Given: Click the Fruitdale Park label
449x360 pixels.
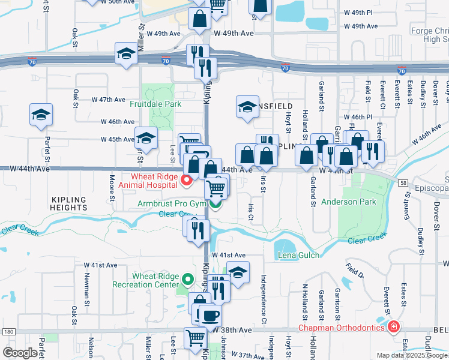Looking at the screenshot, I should (x=155, y=103).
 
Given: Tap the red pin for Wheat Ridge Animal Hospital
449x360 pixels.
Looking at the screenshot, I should (x=187, y=179).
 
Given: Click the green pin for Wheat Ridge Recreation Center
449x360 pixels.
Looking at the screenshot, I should (x=188, y=279).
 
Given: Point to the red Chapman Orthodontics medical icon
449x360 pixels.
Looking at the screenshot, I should (x=393, y=328).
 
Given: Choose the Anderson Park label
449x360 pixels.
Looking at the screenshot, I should (x=349, y=202).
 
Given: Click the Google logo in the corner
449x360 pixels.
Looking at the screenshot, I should (x=20, y=353).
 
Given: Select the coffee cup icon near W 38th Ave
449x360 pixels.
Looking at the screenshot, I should (x=209, y=315).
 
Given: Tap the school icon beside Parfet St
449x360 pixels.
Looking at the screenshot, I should (x=41, y=115).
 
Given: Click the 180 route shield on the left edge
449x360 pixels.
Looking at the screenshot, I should (x=7, y=331).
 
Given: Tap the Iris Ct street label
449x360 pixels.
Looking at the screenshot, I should (x=251, y=211).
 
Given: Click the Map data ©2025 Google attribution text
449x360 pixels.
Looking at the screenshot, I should (x=412, y=355).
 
